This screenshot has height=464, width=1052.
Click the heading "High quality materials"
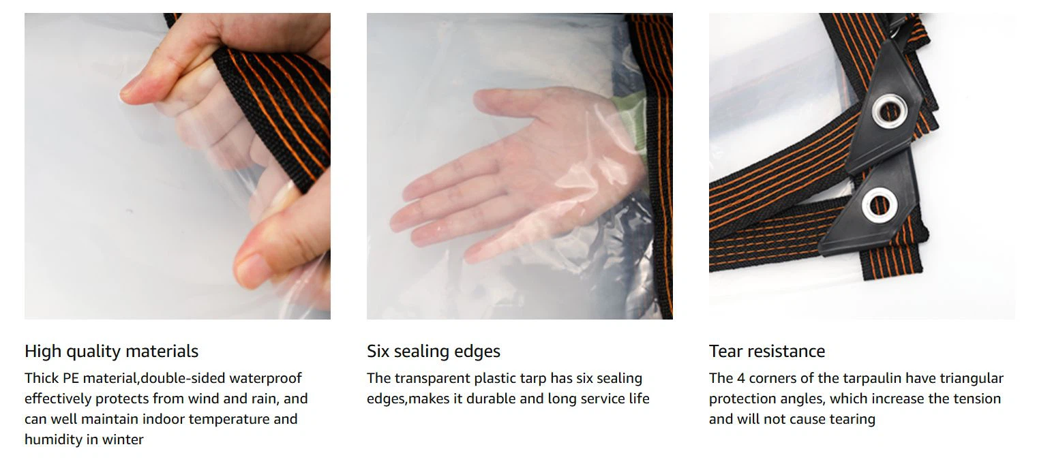[x=111, y=352]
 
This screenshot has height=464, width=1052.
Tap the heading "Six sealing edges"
[x=434, y=352]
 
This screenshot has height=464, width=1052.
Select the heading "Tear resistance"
[x=767, y=351]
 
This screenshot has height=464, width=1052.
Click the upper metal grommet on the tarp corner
[x=889, y=111]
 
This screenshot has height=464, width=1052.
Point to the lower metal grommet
[x=880, y=205]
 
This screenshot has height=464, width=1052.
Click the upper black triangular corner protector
[x=885, y=110]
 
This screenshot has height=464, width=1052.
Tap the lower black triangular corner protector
[x=871, y=206]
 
